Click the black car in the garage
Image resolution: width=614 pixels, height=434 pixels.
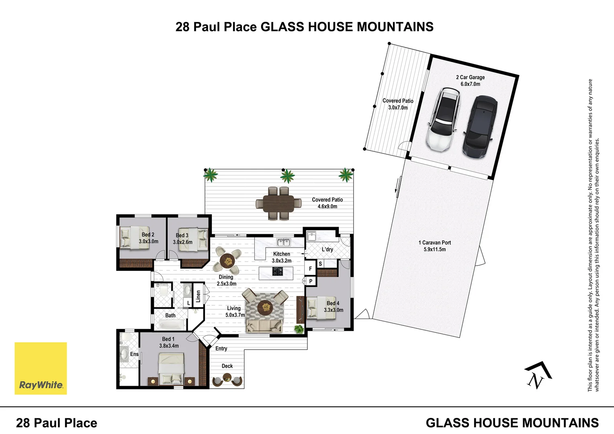pyautogui.click(x=480, y=127)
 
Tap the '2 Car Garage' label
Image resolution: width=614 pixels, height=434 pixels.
pyautogui.click(x=470, y=80)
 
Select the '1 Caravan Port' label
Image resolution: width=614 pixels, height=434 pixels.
pyautogui.click(x=435, y=246)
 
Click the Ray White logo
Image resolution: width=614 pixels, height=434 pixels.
pyautogui.click(x=41, y=368)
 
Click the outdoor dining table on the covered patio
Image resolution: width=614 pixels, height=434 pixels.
pyautogui.click(x=278, y=203)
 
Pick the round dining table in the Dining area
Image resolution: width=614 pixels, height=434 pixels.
pyautogui.click(x=228, y=261)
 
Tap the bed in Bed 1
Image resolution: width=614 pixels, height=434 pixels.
pyautogui.click(x=171, y=368)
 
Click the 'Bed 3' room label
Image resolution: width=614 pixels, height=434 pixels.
pyautogui.click(x=182, y=235)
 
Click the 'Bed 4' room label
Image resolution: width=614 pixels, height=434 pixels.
pyautogui.click(x=333, y=303)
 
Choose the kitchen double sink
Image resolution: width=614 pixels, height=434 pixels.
pyautogui.click(x=284, y=242)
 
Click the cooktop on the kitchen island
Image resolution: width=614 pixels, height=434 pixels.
pyautogui.click(x=277, y=272)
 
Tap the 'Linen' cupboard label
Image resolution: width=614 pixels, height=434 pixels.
pyautogui.click(x=198, y=297)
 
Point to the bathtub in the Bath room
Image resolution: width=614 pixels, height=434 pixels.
pyautogui.click(x=170, y=324)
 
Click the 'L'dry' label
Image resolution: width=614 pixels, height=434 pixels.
pyautogui.click(x=327, y=250)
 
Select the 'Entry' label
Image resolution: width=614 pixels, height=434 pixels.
pyautogui.click(x=221, y=348)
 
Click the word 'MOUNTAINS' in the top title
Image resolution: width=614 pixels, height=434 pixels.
pyautogui.click(x=395, y=27)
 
